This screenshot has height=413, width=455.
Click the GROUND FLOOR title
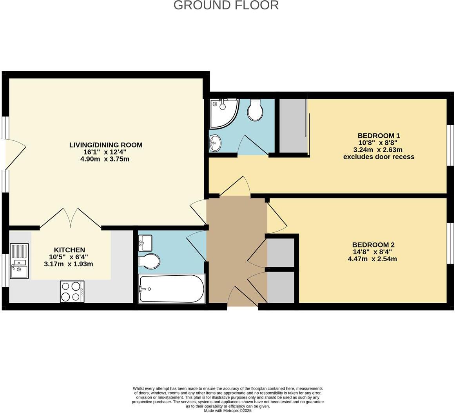click(x=226, y=5)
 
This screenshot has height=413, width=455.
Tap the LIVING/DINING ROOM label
click(x=106, y=145)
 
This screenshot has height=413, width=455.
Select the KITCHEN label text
click(x=69, y=250)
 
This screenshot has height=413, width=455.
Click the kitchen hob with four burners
click(x=72, y=291)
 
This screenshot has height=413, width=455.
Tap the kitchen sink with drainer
click(x=19, y=261)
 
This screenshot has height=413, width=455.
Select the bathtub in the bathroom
click(x=172, y=289)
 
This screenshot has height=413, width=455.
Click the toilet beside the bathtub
click(x=149, y=261)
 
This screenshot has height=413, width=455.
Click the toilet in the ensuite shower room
click(x=255, y=110)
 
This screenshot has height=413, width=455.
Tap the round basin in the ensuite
click(x=215, y=143)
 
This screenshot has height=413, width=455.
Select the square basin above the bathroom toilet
click(x=145, y=243)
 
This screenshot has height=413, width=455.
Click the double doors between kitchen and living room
click(x=71, y=218)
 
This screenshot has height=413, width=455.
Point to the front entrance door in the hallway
click(x=243, y=298)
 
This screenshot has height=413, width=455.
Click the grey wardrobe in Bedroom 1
click(x=292, y=125)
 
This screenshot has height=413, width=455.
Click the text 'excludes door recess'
click(x=379, y=157)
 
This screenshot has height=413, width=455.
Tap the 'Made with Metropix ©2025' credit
click(x=228, y=411)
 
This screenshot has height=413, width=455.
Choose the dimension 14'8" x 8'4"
click(x=372, y=252)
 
